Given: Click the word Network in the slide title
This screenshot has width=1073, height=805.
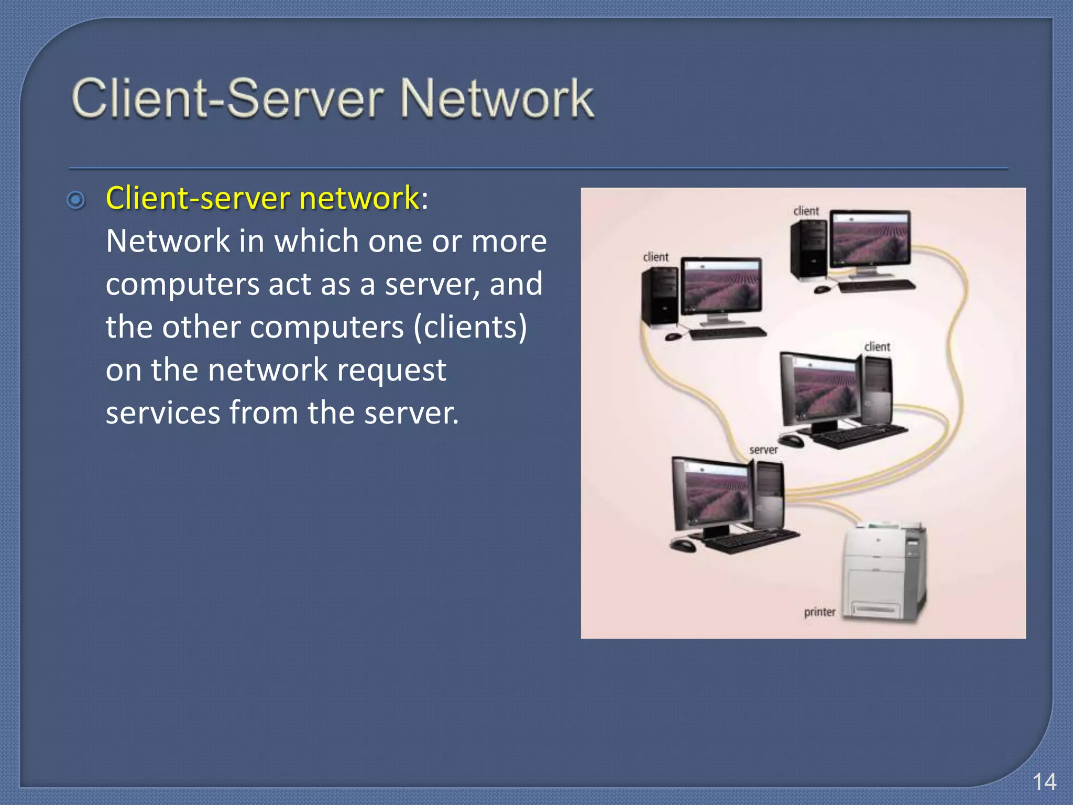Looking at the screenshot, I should click(x=497, y=99).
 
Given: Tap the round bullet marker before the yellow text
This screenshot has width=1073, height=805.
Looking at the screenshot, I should click(x=76, y=200).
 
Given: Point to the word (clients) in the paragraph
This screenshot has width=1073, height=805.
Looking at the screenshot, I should click(x=470, y=327).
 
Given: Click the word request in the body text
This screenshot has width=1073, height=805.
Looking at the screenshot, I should click(x=391, y=370).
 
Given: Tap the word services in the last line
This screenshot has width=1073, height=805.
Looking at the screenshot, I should click(x=162, y=413).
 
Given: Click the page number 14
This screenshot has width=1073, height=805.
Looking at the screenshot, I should click(x=1044, y=782).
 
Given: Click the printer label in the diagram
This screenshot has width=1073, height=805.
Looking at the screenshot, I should click(x=819, y=612).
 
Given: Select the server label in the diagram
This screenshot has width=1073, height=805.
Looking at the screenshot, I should click(x=763, y=450).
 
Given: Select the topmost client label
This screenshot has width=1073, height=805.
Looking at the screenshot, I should click(x=806, y=211).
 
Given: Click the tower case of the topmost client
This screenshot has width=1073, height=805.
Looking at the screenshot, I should click(x=808, y=249).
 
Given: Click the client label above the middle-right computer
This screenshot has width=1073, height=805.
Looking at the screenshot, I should click(x=877, y=347).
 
